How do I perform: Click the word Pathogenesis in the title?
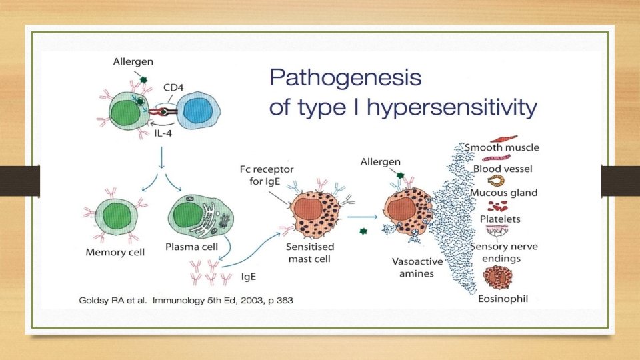(x=345, y=78)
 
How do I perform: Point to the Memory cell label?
(x=115, y=253)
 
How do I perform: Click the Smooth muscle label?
(x=502, y=147)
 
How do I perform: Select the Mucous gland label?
(x=505, y=193)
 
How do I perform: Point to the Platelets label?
(x=500, y=218)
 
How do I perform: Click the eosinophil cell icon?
(x=501, y=276)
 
